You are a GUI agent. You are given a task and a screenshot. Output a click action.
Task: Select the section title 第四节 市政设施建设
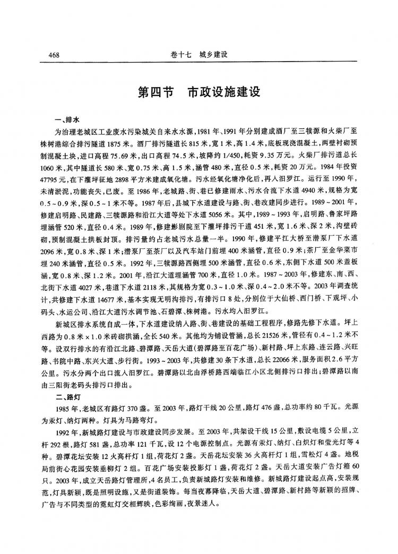tap(198, 92)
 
